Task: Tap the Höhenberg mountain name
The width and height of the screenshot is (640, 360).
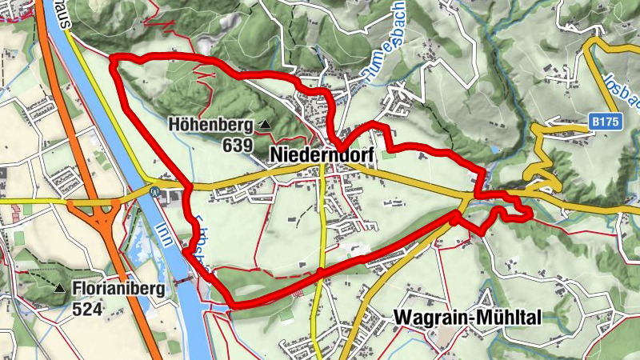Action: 210,125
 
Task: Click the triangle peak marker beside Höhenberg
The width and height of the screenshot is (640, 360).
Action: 265,125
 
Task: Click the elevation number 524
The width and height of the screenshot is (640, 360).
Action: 86,307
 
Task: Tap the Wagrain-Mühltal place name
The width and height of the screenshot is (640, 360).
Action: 467,318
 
